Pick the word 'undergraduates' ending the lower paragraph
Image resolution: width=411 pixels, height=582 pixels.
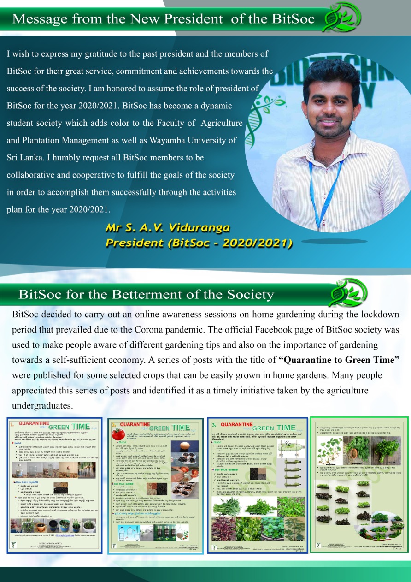point(42,406)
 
